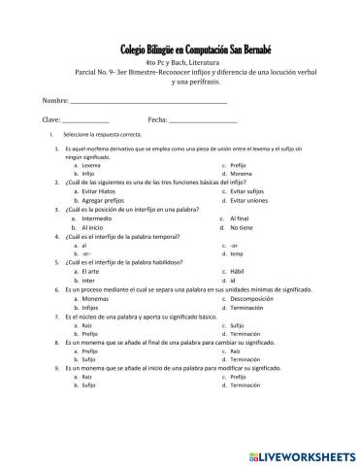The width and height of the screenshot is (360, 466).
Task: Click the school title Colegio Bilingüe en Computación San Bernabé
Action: click(180, 48)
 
